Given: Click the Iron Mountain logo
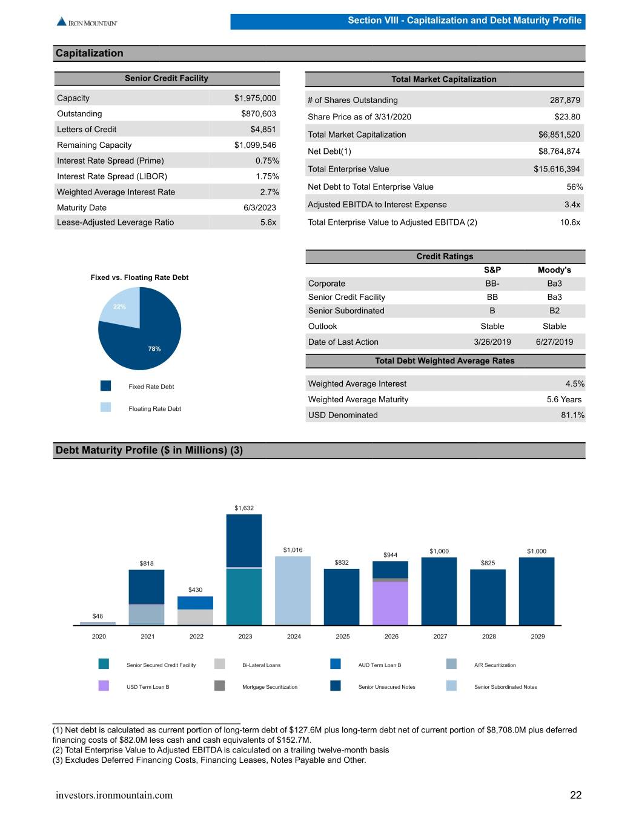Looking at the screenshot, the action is [x=87, y=22].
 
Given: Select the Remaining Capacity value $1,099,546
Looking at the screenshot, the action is [x=255, y=145].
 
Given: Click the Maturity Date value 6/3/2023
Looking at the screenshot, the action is [x=260, y=207].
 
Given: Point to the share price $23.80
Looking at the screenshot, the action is [x=567, y=117].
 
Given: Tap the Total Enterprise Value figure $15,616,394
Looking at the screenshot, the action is [x=557, y=169].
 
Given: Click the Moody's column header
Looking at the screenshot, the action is [x=554, y=270].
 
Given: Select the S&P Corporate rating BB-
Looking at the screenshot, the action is [x=492, y=284].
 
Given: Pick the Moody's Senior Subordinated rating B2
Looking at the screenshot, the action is [x=554, y=311].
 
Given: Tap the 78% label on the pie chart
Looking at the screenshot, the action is [x=154, y=348].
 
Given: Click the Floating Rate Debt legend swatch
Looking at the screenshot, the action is [x=106, y=407].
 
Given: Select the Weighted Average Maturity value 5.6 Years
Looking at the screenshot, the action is [x=564, y=399].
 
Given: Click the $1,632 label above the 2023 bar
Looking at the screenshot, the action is [x=244, y=508].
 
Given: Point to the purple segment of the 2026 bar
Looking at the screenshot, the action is [x=390, y=603].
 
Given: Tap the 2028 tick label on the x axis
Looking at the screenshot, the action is [x=489, y=636].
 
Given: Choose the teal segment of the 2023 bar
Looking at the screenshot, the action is [x=244, y=597].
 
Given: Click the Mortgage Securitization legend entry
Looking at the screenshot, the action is [x=256, y=686].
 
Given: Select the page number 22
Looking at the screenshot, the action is [x=576, y=795].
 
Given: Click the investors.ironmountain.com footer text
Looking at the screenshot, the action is [x=114, y=795].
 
